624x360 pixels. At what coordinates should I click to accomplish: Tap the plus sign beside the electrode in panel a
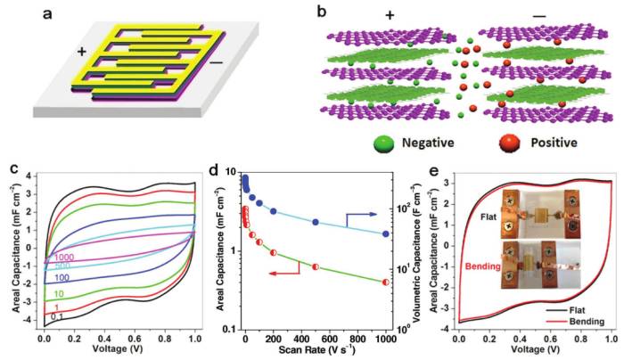81,52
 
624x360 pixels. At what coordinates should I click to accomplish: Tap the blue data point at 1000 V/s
386,233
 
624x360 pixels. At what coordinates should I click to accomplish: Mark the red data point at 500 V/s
316,266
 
